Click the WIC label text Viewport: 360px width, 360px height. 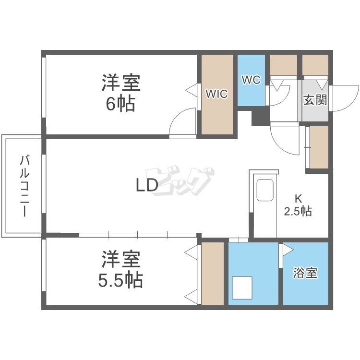tap(217, 94)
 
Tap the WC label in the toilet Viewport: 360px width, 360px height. tap(251, 80)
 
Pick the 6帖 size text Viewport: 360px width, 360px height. tap(120, 103)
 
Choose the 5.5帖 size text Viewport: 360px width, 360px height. tap(121, 279)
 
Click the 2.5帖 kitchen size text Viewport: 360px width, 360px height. tap(298, 211)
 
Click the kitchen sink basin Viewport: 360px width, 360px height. tap(265, 191)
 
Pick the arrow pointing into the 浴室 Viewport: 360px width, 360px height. tap(287, 250)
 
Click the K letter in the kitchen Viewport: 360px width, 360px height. tap(298, 198)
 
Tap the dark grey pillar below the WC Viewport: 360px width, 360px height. tap(260, 116)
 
